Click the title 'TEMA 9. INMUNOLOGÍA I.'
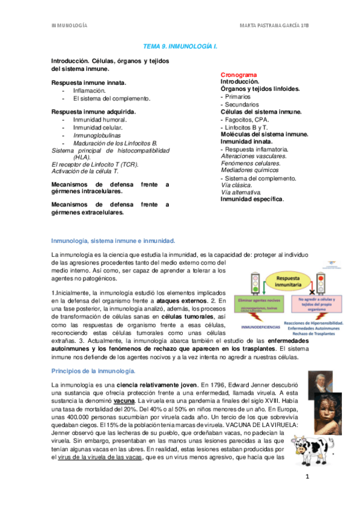point(180,46)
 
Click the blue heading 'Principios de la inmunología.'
point(94,370)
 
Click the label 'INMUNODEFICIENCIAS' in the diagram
point(260,328)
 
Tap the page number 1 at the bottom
point(307,478)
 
